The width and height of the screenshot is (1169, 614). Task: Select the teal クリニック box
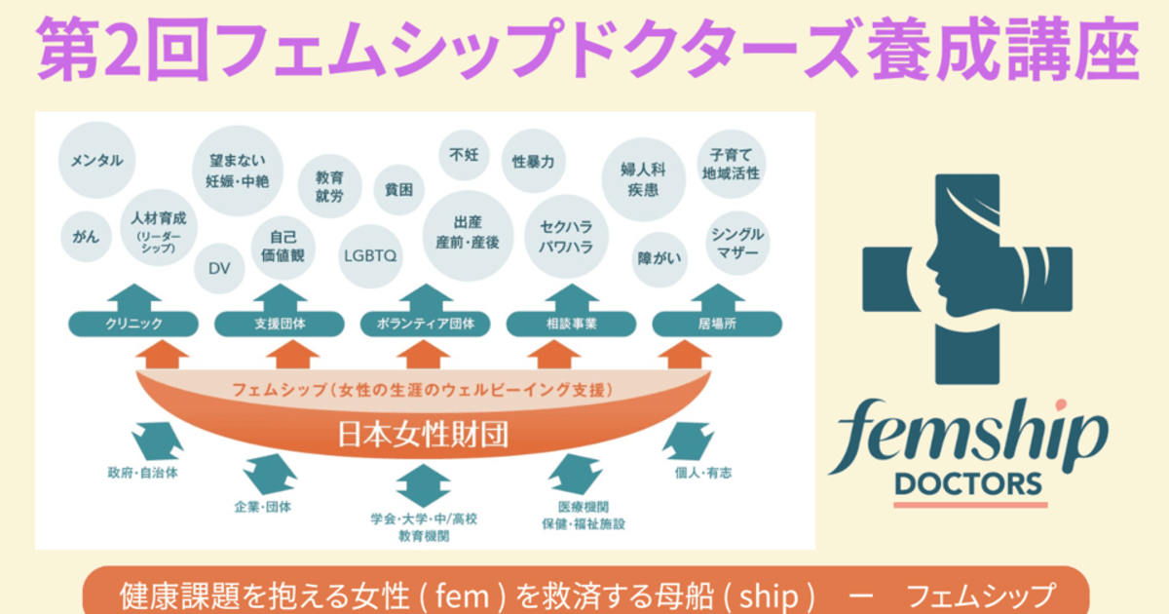[x=133, y=324]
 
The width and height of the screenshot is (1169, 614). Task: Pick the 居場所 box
[x=717, y=324]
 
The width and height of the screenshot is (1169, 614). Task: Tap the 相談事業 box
[x=572, y=324]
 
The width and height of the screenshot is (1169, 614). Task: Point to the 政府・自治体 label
[x=142, y=474]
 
